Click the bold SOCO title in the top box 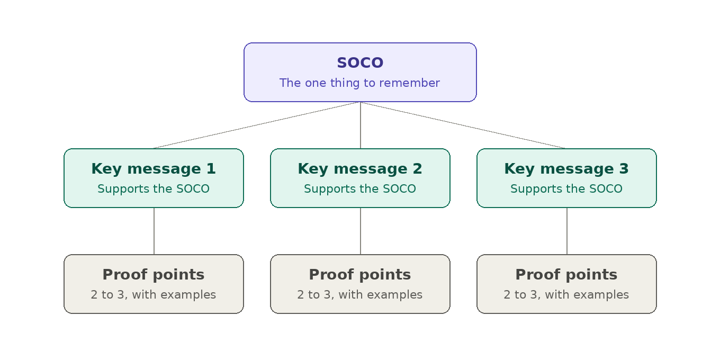(x=360, y=62)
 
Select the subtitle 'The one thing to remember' (x=359, y=83)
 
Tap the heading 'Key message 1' (x=154, y=169)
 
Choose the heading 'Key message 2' (x=360, y=169)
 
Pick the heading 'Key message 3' (x=566, y=169)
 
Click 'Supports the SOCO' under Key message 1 (x=154, y=188)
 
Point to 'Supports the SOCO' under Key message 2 (x=360, y=188)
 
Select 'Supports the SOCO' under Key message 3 (x=566, y=188)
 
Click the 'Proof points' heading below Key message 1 (x=154, y=275)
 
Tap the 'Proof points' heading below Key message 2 (x=360, y=275)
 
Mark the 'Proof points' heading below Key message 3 (x=566, y=275)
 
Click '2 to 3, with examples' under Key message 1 (x=154, y=295)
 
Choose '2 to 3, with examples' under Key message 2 (x=359, y=295)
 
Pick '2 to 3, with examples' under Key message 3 (x=566, y=295)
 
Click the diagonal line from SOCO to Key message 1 (x=257, y=125)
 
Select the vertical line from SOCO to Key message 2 (x=361, y=125)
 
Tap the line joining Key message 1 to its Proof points (x=154, y=231)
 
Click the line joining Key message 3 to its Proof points (x=566, y=231)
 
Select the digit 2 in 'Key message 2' (x=417, y=169)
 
